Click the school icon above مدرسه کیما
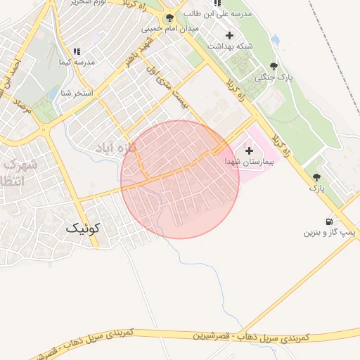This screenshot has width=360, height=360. tap(77, 51)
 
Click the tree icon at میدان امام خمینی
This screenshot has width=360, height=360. tap(169, 18)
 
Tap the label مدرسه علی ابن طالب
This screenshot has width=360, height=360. tap(217, 14)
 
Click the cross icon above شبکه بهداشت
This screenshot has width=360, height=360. tap(229, 34)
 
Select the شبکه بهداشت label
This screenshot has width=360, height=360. tap(229, 46)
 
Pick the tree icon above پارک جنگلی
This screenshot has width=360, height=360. tap(274, 66)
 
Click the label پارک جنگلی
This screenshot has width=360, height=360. tap(274, 77)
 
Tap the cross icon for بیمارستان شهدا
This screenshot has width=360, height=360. tap(249, 150)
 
